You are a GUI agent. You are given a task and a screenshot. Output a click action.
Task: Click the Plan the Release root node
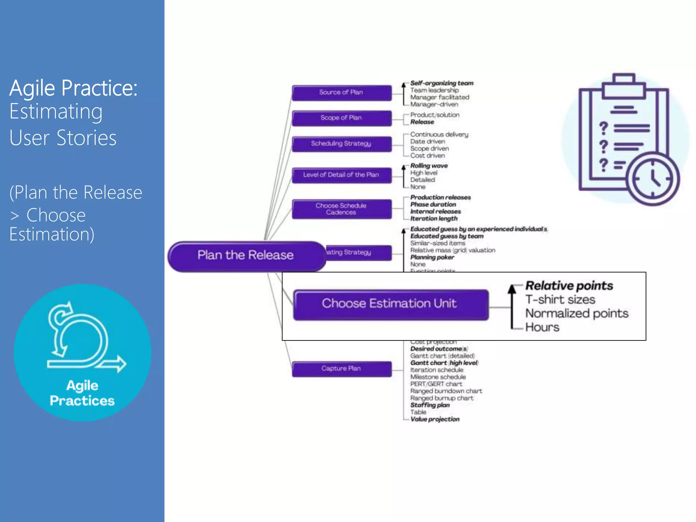coord(245,256)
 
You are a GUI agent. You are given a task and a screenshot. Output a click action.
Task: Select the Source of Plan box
coord(341,92)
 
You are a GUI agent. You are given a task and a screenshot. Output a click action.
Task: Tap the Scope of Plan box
coord(341,118)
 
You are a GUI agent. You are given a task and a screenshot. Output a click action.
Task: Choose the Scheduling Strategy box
coord(341,144)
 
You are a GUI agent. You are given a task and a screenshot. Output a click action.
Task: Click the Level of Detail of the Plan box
coord(341,175)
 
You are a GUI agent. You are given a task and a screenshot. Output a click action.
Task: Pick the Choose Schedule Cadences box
coord(341,209)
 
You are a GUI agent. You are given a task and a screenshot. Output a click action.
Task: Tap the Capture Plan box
coord(341,369)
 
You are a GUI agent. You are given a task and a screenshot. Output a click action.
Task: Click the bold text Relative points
coord(569,286)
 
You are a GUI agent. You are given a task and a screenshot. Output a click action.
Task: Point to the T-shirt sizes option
coord(560,300)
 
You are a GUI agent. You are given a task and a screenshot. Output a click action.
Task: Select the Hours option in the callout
coord(542,327)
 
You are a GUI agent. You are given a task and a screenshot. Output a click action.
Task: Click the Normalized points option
coord(577,313)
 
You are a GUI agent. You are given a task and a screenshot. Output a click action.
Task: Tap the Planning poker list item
coord(432,257)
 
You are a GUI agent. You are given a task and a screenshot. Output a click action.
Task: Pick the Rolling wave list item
coord(429,166)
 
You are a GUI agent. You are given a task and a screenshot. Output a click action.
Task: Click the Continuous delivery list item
coord(439,135)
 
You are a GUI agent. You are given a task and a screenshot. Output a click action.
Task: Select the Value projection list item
coord(435,419)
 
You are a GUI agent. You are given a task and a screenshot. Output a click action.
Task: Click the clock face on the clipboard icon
coord(652,178)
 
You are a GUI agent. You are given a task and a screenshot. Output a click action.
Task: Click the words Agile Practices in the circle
coord(82,393)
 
